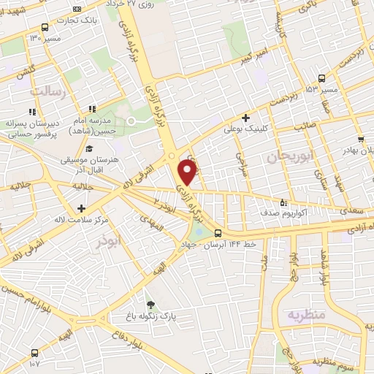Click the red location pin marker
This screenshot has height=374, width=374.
pos(188,172)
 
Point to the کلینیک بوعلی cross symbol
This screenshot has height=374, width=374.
pos(245,117)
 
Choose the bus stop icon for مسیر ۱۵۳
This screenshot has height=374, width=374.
pos(322,78)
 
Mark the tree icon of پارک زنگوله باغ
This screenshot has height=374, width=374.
pos(150,305)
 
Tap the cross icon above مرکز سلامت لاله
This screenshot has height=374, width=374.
pos(91,210)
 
